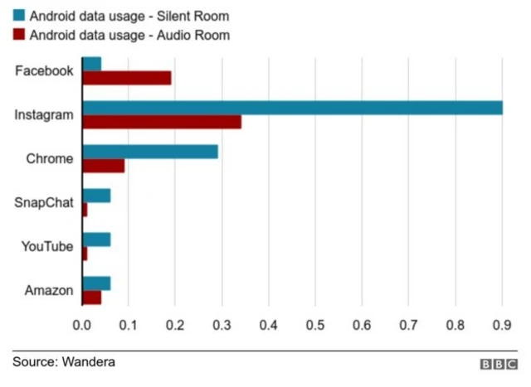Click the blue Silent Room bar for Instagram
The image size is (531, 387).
(x=292, y=108)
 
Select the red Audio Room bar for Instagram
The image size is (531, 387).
(x=162, y=122)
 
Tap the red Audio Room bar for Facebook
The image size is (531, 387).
(x=126, y=78)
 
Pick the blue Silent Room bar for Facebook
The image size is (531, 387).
(x=91, y=64)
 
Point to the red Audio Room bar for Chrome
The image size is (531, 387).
(x=103, y=166)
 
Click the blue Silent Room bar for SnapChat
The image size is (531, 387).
(x=96, y=196)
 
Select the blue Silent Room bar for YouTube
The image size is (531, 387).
(x=96, y=239)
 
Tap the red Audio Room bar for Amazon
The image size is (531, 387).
(x=91, y=298)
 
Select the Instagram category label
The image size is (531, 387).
(x=44, y=115)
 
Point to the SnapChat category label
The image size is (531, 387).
(x=44, y=203)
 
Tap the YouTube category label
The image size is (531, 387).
(x=48, y=247)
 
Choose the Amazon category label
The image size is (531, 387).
(x=49, y=291)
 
